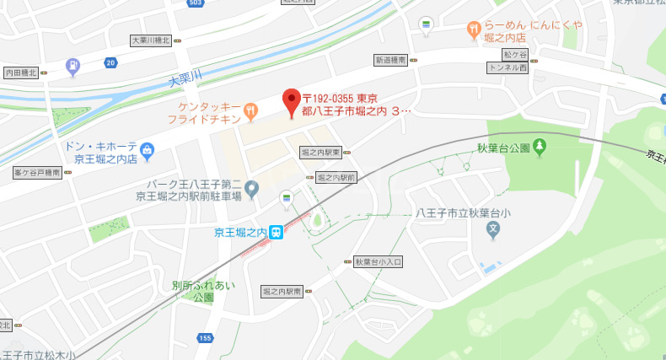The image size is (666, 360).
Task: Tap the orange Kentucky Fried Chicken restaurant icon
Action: (250, 110)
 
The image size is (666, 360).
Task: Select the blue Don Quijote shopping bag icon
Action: (148, 152)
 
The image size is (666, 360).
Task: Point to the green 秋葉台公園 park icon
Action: (540, 148)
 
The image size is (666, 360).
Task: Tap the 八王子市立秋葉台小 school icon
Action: (493, 228)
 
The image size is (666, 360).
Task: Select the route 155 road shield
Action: (204, 337)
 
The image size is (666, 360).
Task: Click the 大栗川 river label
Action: (185, 80)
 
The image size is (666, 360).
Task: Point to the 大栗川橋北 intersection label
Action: (151, 40)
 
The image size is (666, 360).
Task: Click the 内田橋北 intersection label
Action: (20, 73)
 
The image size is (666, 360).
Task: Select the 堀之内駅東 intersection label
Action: (320, 152)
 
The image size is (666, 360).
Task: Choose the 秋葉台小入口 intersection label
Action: (379, 262)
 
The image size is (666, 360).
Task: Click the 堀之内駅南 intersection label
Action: (282, 291)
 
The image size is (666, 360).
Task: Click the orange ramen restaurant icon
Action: (474, 30)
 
